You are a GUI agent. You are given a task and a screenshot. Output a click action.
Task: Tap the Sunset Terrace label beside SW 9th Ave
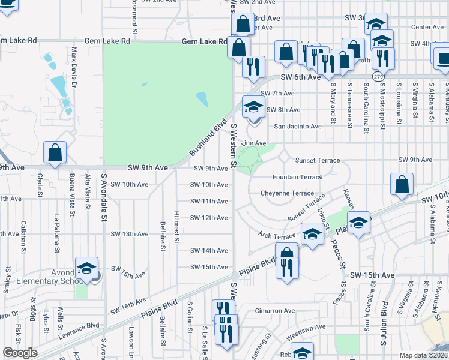coord(317,161)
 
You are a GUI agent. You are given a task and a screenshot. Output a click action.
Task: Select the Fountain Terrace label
coord(297,177)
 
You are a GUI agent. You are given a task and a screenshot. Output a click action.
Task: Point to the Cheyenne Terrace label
coord(287,193)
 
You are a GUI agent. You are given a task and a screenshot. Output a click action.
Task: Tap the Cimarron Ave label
coord(274,311)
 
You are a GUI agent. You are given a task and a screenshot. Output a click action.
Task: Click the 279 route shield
coord(378,77)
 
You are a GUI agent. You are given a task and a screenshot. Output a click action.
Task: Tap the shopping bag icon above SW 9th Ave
coord(55,153)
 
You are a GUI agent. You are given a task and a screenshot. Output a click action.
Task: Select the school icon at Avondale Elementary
coord(86,268)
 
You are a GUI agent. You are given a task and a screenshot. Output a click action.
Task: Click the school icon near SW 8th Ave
coord(253,107)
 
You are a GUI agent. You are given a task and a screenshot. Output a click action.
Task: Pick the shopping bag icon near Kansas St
coord(402,184)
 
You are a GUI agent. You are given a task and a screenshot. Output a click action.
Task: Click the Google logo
coord(19,353)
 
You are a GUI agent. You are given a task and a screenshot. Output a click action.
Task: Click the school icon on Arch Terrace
coord(312,234)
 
